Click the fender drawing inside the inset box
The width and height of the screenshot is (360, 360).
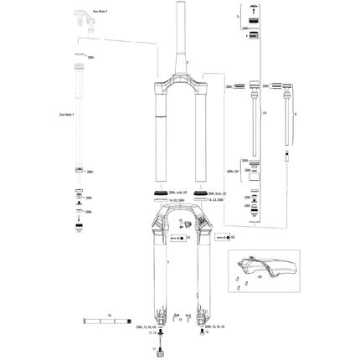tap(268, 273)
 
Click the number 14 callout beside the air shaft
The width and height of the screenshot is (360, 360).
tap(263, 111)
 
